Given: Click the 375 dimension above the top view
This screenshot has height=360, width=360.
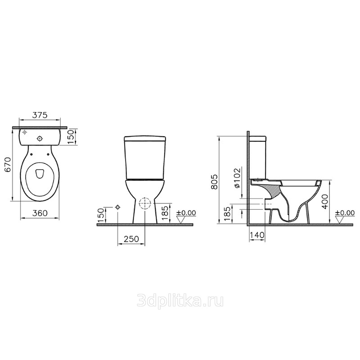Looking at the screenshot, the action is tap(40, 115).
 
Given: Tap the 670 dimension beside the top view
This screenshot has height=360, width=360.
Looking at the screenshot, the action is tap(8, 164).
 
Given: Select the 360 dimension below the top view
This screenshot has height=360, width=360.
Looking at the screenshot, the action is tap(40, 213).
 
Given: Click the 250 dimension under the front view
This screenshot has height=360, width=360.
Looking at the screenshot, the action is tap(131, 239).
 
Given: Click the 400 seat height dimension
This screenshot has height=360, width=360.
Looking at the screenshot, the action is tap(325, 201).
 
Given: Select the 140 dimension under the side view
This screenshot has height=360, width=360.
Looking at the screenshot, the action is tap(257, 235).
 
